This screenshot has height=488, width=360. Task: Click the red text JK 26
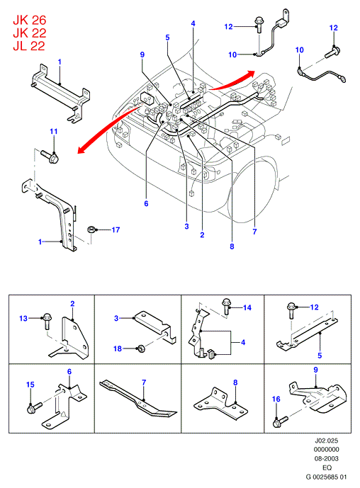29,21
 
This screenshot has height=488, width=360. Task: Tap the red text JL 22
29,46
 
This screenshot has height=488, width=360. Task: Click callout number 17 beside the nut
116,229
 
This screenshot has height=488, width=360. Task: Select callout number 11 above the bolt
54,131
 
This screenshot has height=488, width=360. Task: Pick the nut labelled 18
141,348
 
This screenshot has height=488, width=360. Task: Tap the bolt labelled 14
226,306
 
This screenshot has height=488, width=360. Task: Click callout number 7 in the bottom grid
144,382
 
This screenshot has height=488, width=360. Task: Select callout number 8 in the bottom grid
235,382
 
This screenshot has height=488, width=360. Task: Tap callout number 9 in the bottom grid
316,370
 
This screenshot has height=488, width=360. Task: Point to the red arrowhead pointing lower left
82,149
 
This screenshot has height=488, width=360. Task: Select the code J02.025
326,441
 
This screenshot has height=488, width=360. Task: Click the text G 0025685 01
326,477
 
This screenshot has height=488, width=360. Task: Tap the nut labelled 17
91,230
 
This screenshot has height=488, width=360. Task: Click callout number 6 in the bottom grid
69,372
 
